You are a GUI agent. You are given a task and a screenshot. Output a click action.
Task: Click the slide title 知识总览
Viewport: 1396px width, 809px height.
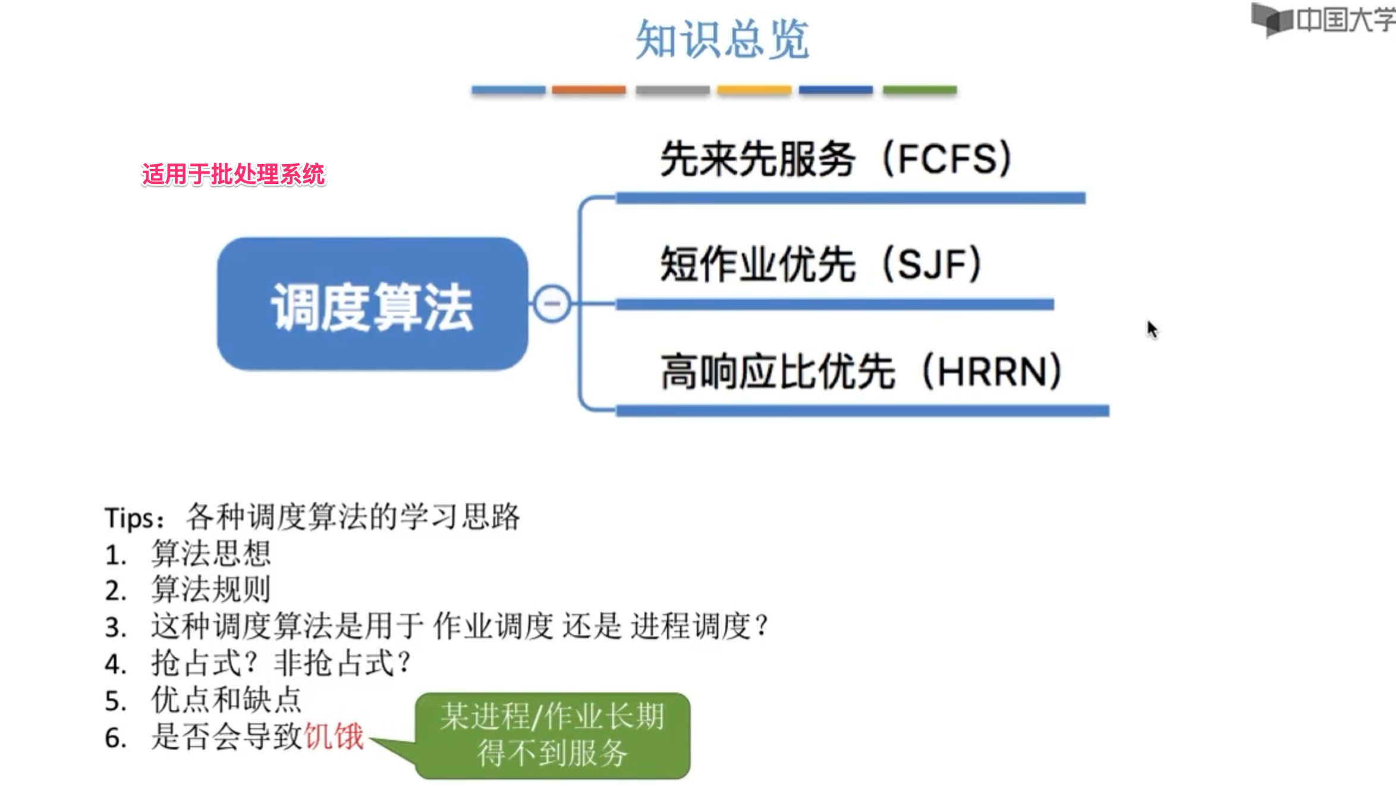(x=722, y=39)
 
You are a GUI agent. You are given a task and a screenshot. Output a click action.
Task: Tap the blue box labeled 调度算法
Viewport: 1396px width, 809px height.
(x=372, y=305)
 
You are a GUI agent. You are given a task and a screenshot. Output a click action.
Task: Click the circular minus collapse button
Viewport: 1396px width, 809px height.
(x=552, y=304)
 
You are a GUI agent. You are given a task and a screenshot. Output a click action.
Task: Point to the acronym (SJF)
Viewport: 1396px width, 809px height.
(x=932, y=264)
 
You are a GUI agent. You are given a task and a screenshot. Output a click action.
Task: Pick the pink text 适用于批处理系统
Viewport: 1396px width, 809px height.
(x=233, y=174)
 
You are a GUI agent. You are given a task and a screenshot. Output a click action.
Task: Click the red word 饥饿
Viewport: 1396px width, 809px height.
(x=334, y=736)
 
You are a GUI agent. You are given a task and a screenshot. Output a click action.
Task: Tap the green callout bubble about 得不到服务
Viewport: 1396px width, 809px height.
(x=552, y=735)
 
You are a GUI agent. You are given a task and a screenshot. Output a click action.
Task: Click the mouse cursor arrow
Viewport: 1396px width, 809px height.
(x=1152, y=329)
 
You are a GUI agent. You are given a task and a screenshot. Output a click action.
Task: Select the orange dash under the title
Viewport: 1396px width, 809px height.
(x=589, y=90)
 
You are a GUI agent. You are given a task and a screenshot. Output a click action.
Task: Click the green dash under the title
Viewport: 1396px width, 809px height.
(x=919, y=90)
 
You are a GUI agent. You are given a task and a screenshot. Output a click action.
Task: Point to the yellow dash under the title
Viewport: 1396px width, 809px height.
(x=754, y=90)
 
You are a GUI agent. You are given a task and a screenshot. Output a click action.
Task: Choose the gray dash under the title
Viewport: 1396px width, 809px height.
(x=672, y=90)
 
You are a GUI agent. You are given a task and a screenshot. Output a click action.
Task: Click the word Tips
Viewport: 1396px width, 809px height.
(x=130, y=518)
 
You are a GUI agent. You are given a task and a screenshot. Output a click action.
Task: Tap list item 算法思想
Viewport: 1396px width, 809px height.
(x=211, y=554)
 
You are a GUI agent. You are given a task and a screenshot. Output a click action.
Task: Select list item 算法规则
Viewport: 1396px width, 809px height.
(x=211, y=590)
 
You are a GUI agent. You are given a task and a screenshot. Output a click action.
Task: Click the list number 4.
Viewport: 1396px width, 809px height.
(x=115, y=664)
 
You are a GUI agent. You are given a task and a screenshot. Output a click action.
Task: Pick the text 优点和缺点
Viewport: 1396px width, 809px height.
(x=227, y=700)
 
